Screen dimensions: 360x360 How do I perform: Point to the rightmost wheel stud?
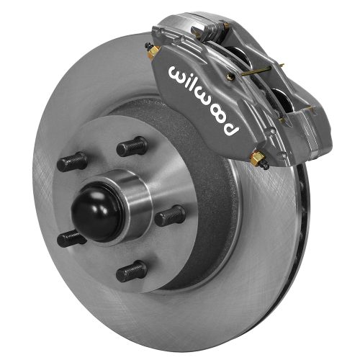tap(171, 215)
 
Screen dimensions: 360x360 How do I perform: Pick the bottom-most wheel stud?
tap(132, 271)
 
